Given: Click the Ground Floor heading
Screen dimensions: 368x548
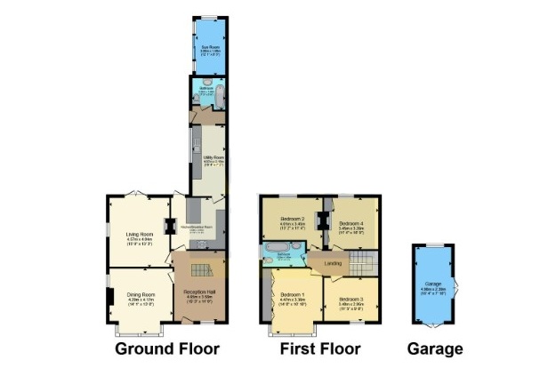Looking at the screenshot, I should [x=167, y=348].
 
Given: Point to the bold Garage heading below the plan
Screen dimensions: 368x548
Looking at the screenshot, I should [x=434, y=348].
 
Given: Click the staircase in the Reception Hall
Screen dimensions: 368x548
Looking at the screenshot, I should [x=202, y=269].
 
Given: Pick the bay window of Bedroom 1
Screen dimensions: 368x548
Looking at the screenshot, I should [x=294, y=332].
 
